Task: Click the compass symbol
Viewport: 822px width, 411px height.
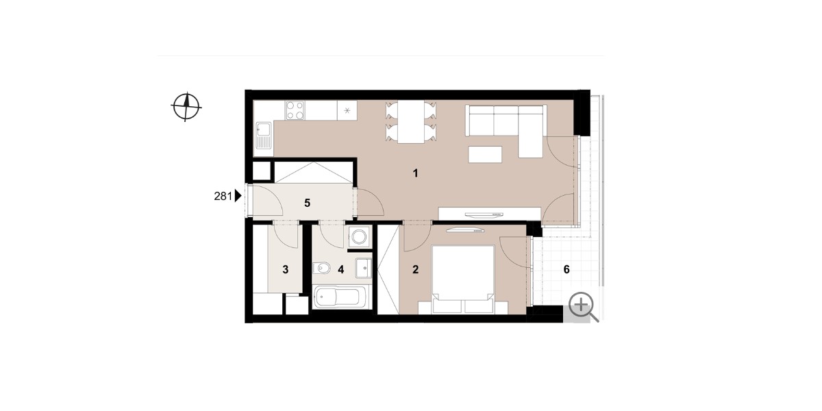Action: click(x=186, y=107)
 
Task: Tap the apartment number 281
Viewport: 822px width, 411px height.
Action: click(x=223, y=197)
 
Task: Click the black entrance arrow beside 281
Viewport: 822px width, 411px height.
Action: click(x=238, y=197)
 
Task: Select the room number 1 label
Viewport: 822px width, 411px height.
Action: click(x=415, y=173)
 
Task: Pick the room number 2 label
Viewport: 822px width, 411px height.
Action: click(x=415, y=270)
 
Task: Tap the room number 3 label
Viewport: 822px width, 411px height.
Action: click(x=286, y=270)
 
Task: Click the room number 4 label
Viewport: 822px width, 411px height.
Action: click(x=341, y=270)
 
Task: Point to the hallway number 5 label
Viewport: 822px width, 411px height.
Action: click(x=308, y=203)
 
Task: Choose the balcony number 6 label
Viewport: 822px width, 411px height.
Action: click(x=566, y=270)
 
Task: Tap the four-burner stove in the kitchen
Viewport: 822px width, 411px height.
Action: click(x=295, y=110)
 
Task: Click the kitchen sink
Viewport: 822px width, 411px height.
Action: click(x=264, y=135)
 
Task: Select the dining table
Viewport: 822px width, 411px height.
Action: click(x=411, y=121)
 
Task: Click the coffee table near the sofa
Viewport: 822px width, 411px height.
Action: click(x=485, y=154)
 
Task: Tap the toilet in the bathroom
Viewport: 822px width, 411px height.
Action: click(x=321, y=269)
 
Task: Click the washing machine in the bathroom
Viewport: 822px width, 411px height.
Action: click(x=358, y=237)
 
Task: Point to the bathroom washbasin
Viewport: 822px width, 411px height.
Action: click(x=364, y=268)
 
